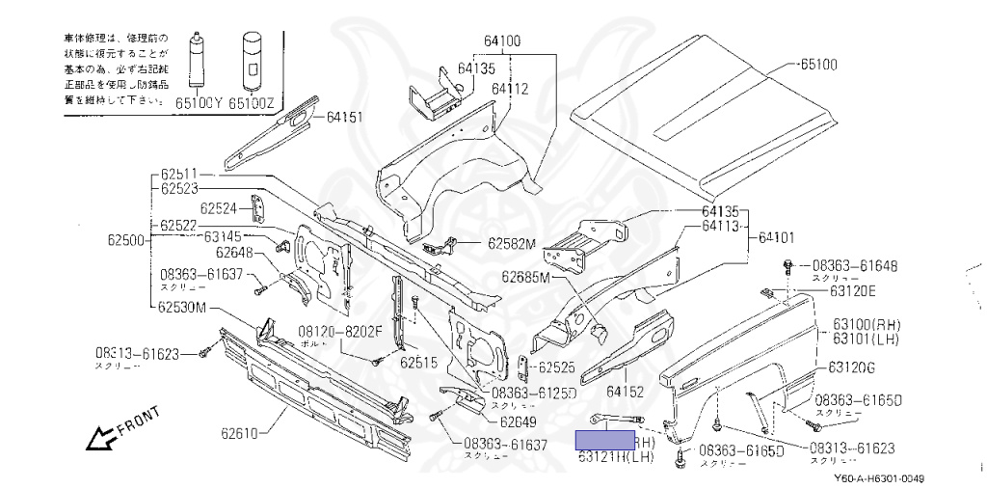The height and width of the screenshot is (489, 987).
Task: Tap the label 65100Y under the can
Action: (198, 99)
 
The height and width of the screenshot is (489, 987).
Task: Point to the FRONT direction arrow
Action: (120, 429)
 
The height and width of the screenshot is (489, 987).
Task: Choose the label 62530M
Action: (183, 308)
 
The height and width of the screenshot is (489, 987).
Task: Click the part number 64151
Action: (344, 118)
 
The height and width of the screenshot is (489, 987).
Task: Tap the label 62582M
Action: (511, 244)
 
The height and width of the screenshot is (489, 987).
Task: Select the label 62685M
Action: (524, 278)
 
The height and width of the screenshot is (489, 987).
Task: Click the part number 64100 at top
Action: (502, 41)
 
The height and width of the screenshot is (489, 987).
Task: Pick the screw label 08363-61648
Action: (855, 264)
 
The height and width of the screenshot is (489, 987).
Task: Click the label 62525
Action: (556, 367)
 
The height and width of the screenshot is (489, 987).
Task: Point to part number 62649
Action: (519, 421)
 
